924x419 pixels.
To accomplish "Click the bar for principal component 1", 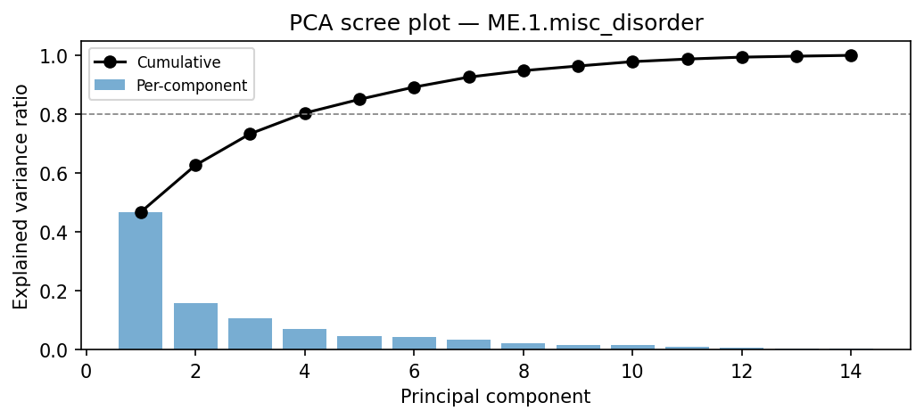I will pos(141,281).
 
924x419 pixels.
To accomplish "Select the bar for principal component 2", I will pos(195,326).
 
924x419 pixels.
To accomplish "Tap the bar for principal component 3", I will pos(250,333).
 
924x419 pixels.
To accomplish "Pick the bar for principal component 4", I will pos(305,339).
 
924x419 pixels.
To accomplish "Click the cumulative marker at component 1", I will pos(141,212).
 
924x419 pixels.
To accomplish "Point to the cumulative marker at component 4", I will pos(305,113).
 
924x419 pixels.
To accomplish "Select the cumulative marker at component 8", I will pos(524,70).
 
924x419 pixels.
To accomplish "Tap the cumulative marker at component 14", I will pos(851,55).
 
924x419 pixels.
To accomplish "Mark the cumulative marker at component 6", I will pos(414,87).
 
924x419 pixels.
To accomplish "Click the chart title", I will pos(496,24).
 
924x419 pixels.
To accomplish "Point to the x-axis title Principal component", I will pos(496,397).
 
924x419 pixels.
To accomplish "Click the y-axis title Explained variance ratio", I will pos(21,197).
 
